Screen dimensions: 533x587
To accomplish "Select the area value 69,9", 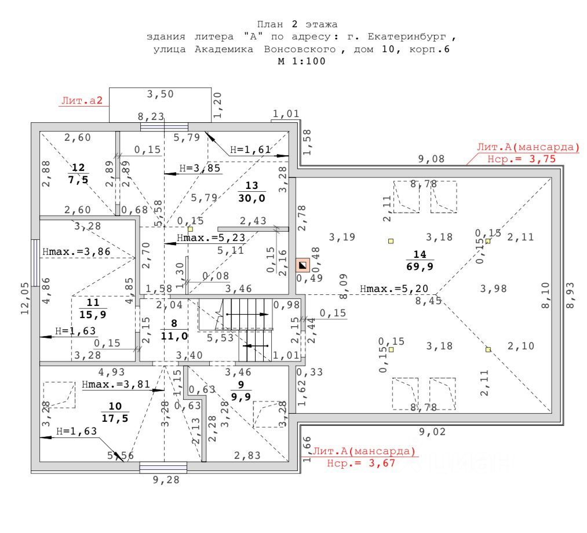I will click(420, 266).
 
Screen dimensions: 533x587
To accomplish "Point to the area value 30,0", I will click(251, 198).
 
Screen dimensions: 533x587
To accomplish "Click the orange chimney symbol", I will click(302, 266).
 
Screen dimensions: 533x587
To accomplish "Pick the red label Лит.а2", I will click(81, 101).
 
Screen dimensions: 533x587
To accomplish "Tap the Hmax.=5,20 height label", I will click(386, 289).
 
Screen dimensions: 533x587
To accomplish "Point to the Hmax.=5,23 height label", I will click(203, 238).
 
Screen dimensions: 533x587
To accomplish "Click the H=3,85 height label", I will click(200, 168).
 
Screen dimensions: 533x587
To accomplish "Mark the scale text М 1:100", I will click(301, 61).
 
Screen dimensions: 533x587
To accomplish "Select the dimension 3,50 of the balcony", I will click(160, 94).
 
